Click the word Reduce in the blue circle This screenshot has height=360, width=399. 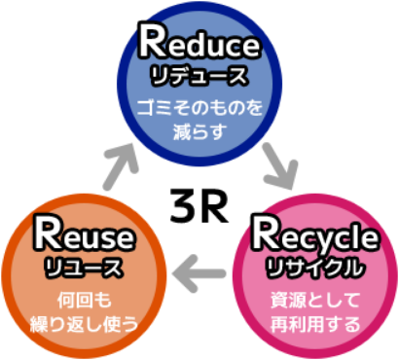(x=200, y=43)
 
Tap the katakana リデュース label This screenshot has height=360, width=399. (x=200, y=73)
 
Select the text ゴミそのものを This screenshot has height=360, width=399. (x=200, y=106)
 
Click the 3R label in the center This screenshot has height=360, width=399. (x=199, y=202)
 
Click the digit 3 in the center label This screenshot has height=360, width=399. (x=185, y=202)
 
